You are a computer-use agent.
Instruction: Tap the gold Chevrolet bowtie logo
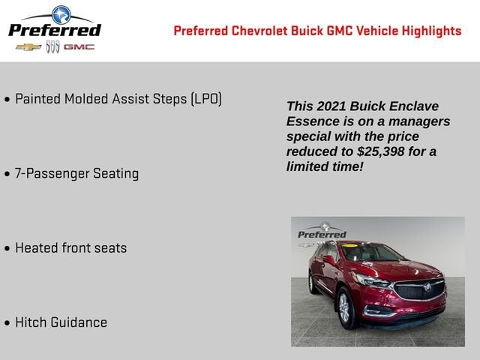(x=28, y=47)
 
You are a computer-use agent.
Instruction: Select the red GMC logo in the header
(x=79, y=47)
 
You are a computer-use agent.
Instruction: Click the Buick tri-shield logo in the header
(x=52, y=47)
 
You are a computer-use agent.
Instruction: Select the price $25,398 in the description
(x=382, y=151)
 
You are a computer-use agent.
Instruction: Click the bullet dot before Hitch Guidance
(x=7, y=323)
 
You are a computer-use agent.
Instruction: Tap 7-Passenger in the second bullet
(x=52, y=173)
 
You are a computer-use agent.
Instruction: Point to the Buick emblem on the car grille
(x=427, y=288)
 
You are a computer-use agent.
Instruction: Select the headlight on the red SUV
(x=370, y=280)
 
